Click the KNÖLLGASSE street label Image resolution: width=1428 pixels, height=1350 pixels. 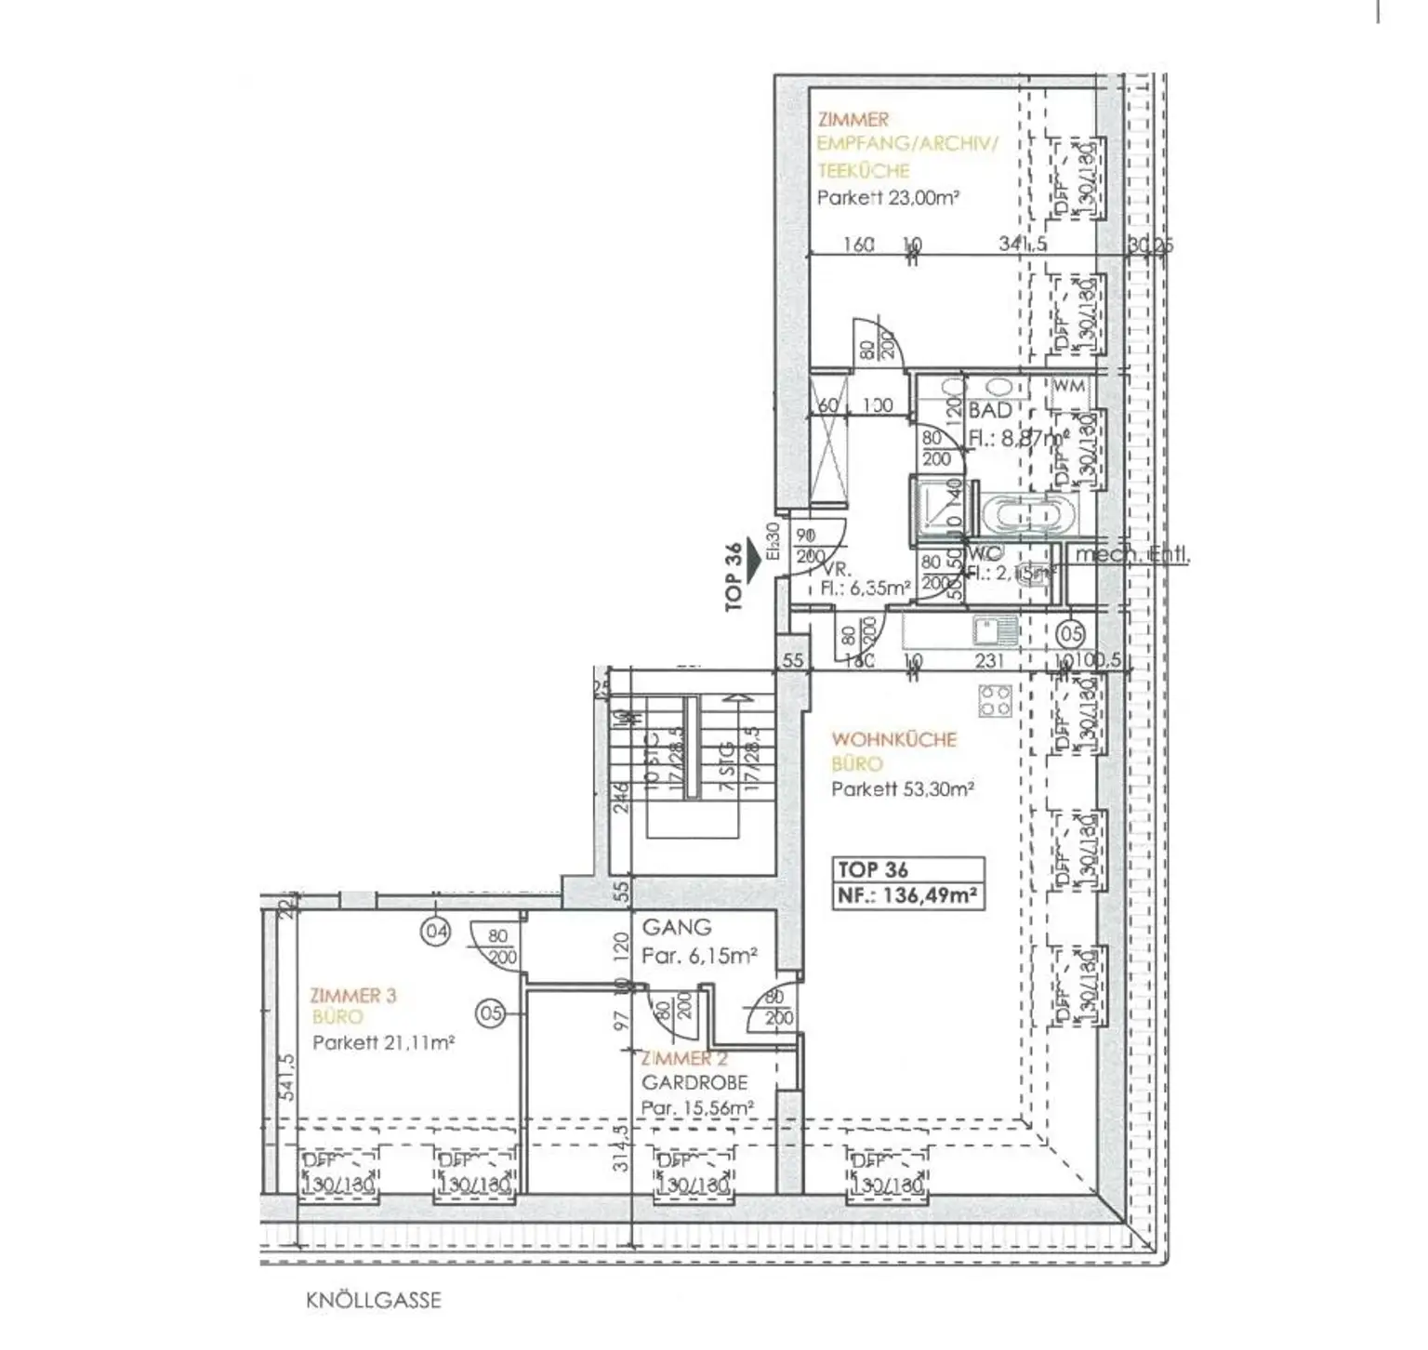[373, 1300]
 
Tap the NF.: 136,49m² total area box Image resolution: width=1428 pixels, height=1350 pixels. [907, 896]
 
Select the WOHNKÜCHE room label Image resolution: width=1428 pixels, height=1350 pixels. [893, 739]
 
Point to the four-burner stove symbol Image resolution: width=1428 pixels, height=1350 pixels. [996, 700]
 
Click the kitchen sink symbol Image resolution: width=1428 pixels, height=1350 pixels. [994, 632]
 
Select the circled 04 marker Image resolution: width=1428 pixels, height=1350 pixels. [435, 930]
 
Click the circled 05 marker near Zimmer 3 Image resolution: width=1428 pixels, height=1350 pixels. [491, 1012]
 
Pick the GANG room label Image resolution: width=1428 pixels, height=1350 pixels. [677, 927]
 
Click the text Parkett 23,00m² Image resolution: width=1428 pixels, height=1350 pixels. [887, 198]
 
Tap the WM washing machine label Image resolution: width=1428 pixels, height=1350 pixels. [1069, 386]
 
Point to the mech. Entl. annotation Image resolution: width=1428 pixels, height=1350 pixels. [1131, 555]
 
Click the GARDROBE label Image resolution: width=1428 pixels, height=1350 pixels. [694, 1082]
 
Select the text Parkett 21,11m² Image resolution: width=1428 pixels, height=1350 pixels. [383, 1042]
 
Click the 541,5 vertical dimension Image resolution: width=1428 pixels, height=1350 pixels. [286, 1076]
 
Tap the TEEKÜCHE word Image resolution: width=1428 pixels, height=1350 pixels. [863, 170]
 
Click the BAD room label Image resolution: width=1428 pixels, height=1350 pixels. [989, 410]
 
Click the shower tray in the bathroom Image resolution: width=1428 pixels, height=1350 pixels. [934, 509]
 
